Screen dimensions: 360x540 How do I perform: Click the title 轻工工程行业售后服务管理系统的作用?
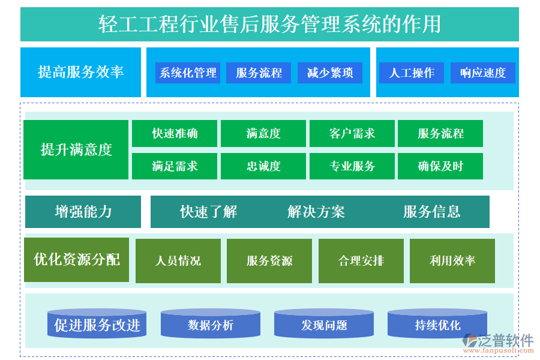[269, 25]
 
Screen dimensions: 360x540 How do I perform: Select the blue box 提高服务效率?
[80, 72]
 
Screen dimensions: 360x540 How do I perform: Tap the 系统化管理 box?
[188, 73]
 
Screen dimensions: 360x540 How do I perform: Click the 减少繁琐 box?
[329, 73]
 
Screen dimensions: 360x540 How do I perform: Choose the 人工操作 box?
[412, 73]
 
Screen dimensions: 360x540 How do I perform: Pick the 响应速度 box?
[483, 73]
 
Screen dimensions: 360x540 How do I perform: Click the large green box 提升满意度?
[76, 149]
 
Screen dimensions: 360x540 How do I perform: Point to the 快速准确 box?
[175, 133]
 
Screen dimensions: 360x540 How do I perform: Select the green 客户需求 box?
[352, 133]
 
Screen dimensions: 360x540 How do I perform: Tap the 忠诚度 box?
[263, 166]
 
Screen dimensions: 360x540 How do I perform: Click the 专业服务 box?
[352, 166]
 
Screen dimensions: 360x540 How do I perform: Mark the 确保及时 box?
[440, 166]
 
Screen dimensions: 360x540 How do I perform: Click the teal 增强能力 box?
[83, 211]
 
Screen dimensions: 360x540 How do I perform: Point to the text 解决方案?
[316, 212]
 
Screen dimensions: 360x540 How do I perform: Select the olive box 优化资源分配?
[76, 259]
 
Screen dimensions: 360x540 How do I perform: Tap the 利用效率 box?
[452, 260]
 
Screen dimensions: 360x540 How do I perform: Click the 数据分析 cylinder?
[211, 325]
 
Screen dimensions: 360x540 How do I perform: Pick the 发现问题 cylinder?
[324, 325]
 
